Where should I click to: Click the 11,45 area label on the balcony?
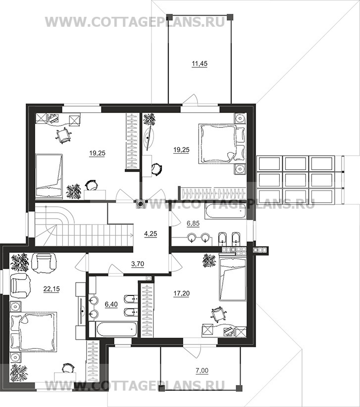[200, 63]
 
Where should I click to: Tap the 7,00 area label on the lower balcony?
[202, 371]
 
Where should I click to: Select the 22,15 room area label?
[51, 289]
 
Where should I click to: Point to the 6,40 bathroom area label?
[111, 304]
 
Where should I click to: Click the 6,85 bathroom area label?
[193, 223]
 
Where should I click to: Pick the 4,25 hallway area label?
[151, 234]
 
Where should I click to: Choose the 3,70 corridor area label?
[138, 264]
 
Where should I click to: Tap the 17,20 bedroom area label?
[181, 293]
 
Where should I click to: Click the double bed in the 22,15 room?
[33, 332]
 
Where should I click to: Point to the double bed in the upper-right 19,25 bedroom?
[222, 144]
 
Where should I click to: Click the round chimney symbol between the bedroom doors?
[141, 204]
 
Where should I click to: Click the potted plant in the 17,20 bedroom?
[209, 261]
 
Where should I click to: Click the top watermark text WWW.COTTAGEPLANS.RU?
[135, 22]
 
